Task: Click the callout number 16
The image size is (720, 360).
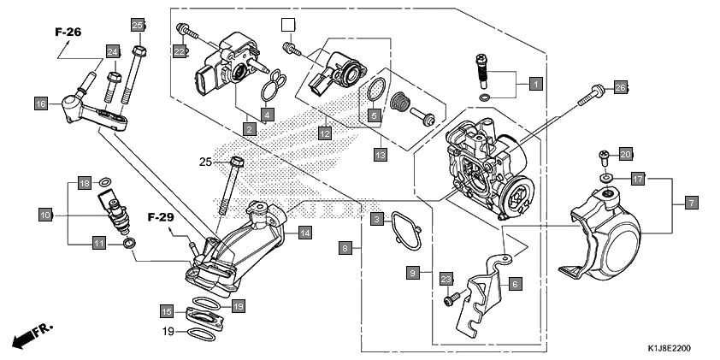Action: (40, 104)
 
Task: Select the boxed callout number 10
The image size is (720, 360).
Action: (45, 215)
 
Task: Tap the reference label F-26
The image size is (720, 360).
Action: (68, 32)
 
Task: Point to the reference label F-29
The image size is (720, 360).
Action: (160, 217)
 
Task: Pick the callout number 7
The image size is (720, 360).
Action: (691, 204)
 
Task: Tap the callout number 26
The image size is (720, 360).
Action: (621, 87)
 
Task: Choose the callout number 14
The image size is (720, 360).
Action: (304, 232)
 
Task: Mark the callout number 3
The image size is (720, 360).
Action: (376, 220)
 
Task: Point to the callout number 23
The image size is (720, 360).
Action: (446, 279)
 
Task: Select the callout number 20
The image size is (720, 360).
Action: (625, 154)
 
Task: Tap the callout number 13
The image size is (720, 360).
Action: (381, 155)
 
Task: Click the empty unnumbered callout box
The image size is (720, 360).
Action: (288, 25)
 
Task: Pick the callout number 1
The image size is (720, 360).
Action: (535, 84)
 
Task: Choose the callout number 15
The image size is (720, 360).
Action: (168, 310)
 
